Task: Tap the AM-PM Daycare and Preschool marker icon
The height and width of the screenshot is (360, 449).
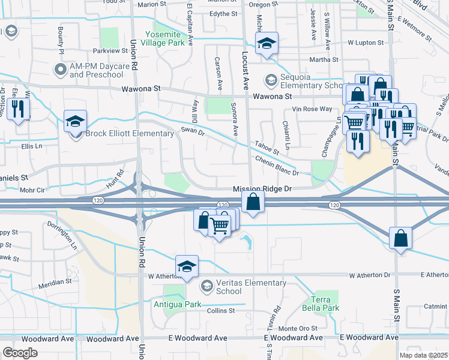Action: pos(60,70)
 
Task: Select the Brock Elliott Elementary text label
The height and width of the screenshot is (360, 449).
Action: pos(122,133)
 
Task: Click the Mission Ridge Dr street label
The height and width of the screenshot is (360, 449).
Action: pos(262,188)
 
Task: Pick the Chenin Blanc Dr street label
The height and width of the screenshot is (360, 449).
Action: pos(277,166)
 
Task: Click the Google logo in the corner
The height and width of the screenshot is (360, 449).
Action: pos(20,353)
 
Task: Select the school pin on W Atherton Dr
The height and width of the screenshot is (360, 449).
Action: pos(187,266)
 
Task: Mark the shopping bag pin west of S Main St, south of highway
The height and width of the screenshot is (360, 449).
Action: pos(400,238)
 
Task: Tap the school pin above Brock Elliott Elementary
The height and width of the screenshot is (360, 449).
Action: pos(75,121)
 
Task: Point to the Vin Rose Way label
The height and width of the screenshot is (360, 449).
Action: pos(312,109)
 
